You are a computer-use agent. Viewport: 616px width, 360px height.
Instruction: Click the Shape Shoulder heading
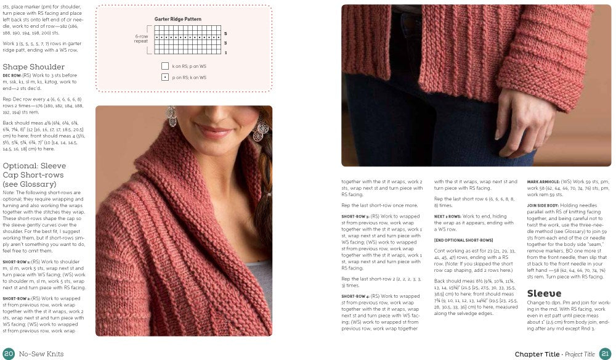click(x=34, y=67)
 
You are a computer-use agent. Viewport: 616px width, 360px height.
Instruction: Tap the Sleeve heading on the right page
click(x=544, y=293)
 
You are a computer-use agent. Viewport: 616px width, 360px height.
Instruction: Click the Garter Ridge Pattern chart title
click(x=178, y=19)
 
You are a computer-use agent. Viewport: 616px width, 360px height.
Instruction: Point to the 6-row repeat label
click(x=142, y=39)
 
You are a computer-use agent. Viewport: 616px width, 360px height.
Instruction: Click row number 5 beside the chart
click(x=225, y=33)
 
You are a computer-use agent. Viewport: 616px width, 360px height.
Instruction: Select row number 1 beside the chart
click(x=225, y=52)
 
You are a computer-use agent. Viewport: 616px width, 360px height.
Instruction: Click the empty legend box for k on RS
click(x=165, y=66)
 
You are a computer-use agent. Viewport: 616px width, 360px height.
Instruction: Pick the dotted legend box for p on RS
click(x=165, y=77)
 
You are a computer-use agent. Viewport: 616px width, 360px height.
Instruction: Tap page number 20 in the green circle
click(x=9, y=353)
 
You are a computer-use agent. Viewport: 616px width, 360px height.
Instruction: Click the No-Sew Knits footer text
click(x=43, y=354)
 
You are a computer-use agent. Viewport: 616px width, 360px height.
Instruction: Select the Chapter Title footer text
click(x=537, y=354)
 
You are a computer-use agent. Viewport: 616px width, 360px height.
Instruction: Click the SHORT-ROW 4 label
click(x=354, y=296)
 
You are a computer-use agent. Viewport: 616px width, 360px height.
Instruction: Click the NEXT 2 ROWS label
click(x=448, y=216)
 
